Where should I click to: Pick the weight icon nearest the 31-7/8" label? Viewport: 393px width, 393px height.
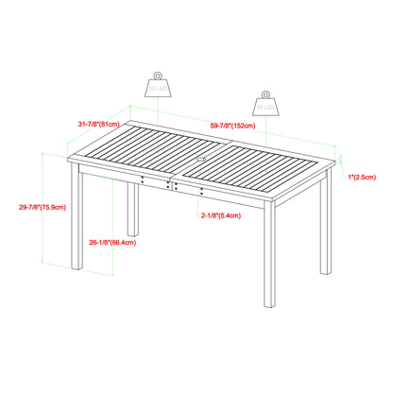158,85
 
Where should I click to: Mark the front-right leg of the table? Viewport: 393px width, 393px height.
268,269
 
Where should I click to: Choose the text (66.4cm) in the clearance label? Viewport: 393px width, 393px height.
119,242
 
